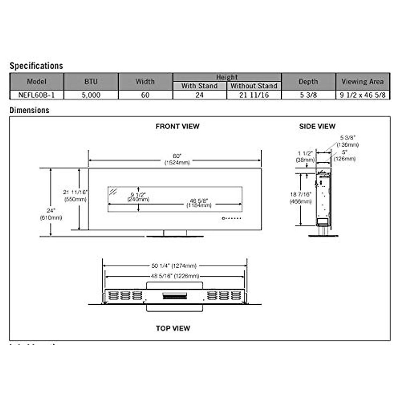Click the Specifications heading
36,66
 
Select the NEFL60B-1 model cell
36,95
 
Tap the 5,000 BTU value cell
91,95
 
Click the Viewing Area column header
363,82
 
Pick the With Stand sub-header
199,86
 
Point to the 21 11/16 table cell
254,95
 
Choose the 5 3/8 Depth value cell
308,95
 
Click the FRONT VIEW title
177,126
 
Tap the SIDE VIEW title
317,126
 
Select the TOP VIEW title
173,328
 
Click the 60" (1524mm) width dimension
177,159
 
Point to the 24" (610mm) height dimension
51,214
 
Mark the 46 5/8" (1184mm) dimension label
199,203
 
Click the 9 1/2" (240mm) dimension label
138,197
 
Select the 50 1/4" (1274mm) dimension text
174,266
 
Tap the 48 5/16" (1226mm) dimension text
175,276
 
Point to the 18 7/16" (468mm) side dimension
301,198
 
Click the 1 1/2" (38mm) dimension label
305,156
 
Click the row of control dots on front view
232,219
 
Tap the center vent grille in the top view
175,296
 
